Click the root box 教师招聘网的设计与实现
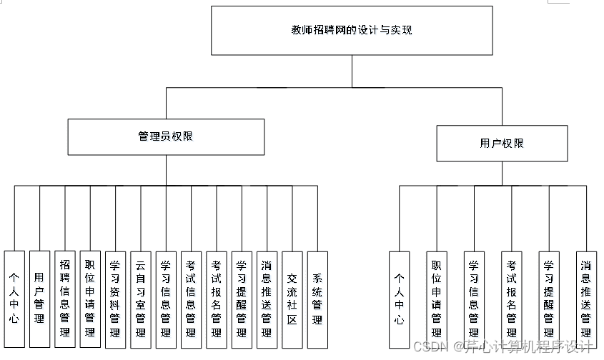point(352,31)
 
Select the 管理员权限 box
point(166,136)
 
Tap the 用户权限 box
point(502,143)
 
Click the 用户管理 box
point(39,299)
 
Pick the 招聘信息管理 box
point(65,299)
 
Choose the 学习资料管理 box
point(115,299)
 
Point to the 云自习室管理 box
point(141,299)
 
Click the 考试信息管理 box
point(191,299)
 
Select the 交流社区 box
point(292,299)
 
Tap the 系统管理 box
point(317,299)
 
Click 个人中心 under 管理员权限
point(14,299)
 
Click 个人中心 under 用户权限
point(400,299)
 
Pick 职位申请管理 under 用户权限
point(437,299)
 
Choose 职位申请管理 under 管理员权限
point(90,299)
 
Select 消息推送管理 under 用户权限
point(586,299)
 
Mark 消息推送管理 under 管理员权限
point(267,299)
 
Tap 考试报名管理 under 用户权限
point(512,299)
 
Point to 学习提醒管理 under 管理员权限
point(242,299)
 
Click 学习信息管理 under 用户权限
point(474,299)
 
